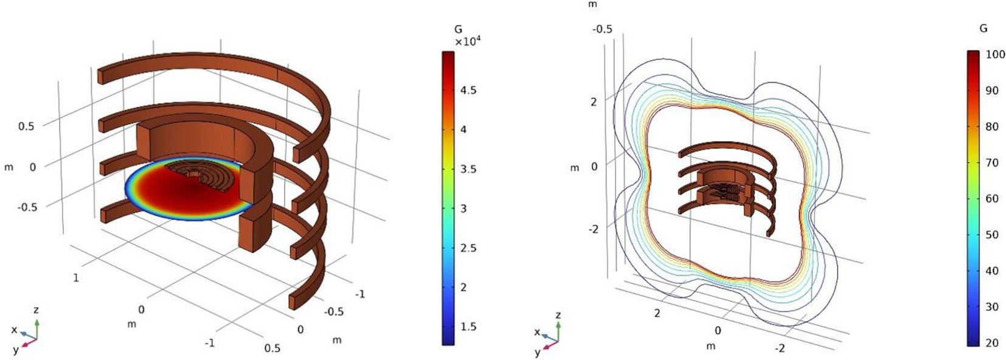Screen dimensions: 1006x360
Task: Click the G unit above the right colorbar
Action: coord(983,29)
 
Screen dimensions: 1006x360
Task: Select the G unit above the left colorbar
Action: coord(458,30)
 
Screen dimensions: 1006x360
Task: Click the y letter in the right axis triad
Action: coord(537,352)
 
